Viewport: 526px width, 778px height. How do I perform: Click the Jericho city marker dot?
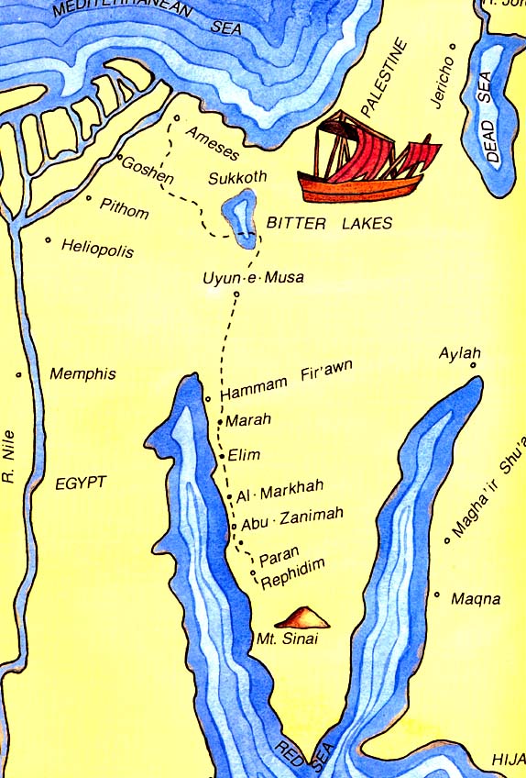pos(452,46)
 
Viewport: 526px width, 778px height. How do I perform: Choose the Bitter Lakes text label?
pos(328,223)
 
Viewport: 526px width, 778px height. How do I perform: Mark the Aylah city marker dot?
pos(474,366)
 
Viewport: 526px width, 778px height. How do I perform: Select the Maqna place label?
pos(476,599)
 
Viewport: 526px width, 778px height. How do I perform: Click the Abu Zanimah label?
pos(290,518)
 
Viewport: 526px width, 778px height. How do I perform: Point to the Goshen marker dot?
pos(120,158)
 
